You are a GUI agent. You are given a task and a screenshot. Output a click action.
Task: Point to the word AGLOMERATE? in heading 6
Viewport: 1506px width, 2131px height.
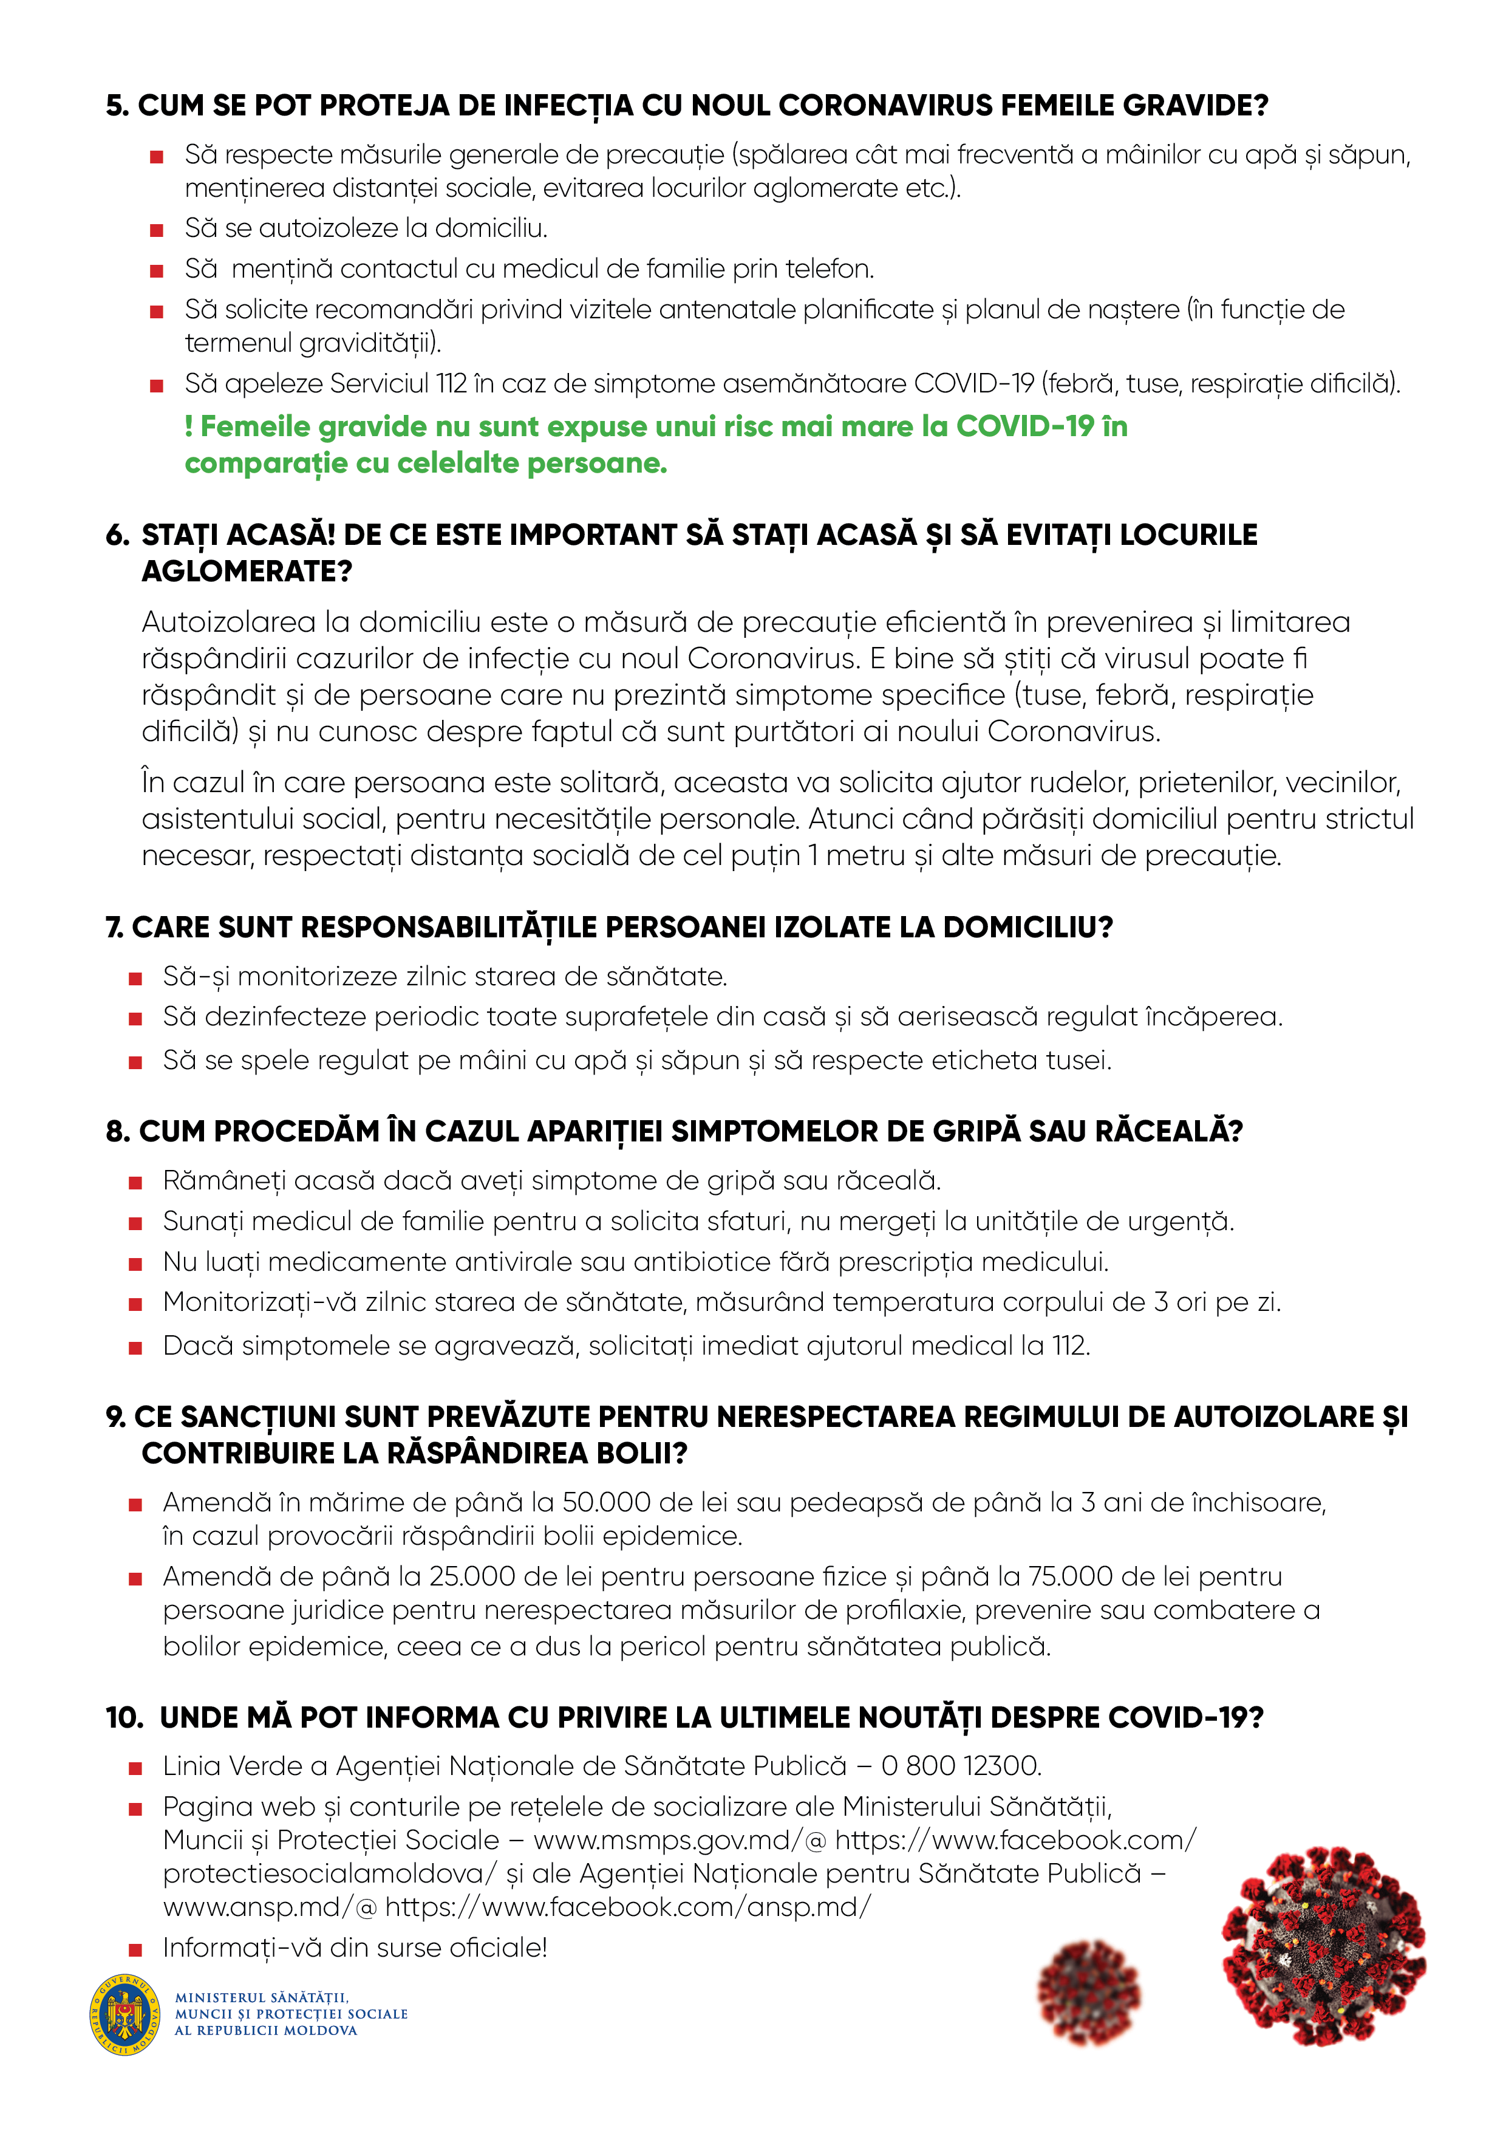point(247,572)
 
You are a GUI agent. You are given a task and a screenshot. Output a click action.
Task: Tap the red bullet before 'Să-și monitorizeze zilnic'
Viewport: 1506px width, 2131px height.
point(135,978)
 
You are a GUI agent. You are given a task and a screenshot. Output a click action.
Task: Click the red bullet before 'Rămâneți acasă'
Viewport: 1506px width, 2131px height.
point(135,1183)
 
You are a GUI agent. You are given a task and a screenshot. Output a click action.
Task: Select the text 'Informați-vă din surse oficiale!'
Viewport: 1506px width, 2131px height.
point(355,1947)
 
